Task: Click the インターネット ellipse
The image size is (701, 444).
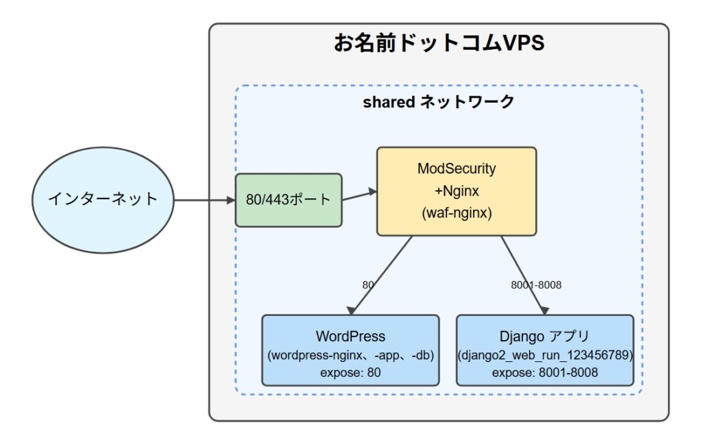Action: [x=103, y=200]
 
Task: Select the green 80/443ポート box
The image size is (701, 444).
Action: [x=289, y=200]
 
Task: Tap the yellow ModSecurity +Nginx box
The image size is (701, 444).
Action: [x=457, y=191]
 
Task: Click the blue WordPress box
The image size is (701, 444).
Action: [x=350, y=350]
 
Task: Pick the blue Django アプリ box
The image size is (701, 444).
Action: [x=545, y=350]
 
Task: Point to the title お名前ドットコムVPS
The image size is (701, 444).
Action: [x=439, y=43]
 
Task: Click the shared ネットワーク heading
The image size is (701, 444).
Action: [x=439, y=102]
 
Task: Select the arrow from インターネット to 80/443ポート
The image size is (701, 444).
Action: [x=205, y=200]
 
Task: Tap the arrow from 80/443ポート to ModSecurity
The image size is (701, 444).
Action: [x=359, y=196]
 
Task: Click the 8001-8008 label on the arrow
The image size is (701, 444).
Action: [x=536, y=285]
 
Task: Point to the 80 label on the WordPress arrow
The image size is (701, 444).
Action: [x=368, y=285]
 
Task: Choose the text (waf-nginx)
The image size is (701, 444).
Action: [x=457, y=213]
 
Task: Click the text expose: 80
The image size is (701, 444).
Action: [x=350, y=372]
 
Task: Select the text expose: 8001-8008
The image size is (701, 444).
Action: [x=545, y=372]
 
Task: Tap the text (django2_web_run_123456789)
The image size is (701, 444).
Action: [x=545, y=355]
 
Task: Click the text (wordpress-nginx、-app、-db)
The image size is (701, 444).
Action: [x=350, y=355]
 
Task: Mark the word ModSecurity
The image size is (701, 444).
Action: [x=457, y=168]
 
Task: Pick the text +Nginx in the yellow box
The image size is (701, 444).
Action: [x=457, y=191]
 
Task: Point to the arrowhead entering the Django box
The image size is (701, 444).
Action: [x=544, y=311]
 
